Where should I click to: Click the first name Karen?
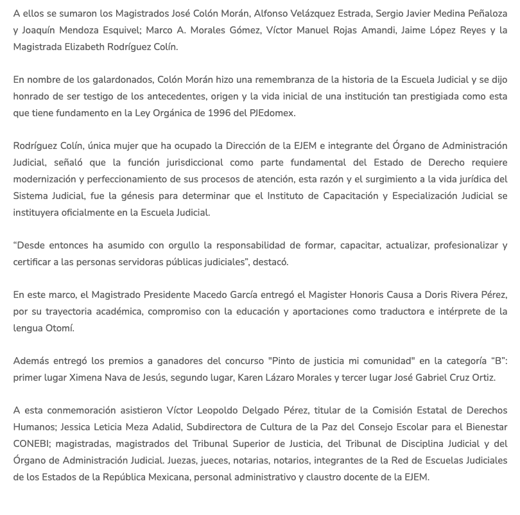(x=252, y=378)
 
